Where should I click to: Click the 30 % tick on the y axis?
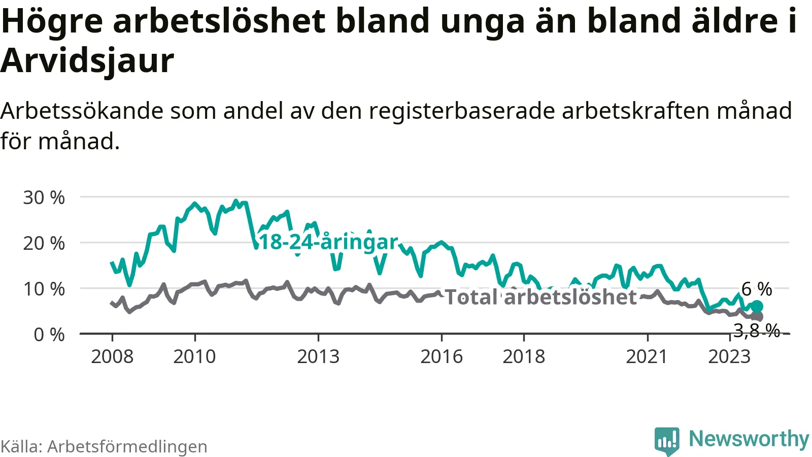coord(44,198)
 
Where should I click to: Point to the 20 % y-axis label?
coord(44,243)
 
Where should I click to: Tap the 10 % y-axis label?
coord(44,289)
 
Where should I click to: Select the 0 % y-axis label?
coord(49,335)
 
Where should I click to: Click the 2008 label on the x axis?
coord(112,357)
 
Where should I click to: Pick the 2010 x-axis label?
coord(194,357)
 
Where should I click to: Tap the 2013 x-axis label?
coord(318,357)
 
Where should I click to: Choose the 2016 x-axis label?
coord(442,357)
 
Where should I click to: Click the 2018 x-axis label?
coord(524,357)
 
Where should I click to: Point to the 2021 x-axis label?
coord(647,357)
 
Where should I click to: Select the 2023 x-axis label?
coord(729,357)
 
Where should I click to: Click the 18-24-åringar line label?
coord(328,242)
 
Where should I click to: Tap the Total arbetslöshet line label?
coord(540,297)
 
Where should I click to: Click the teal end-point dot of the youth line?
coord(757,306)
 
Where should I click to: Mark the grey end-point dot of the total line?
coord(758,316)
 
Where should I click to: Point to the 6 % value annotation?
coord(757,289)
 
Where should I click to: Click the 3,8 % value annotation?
coord(757,331)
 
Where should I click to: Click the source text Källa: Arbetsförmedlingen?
coord(104,446)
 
